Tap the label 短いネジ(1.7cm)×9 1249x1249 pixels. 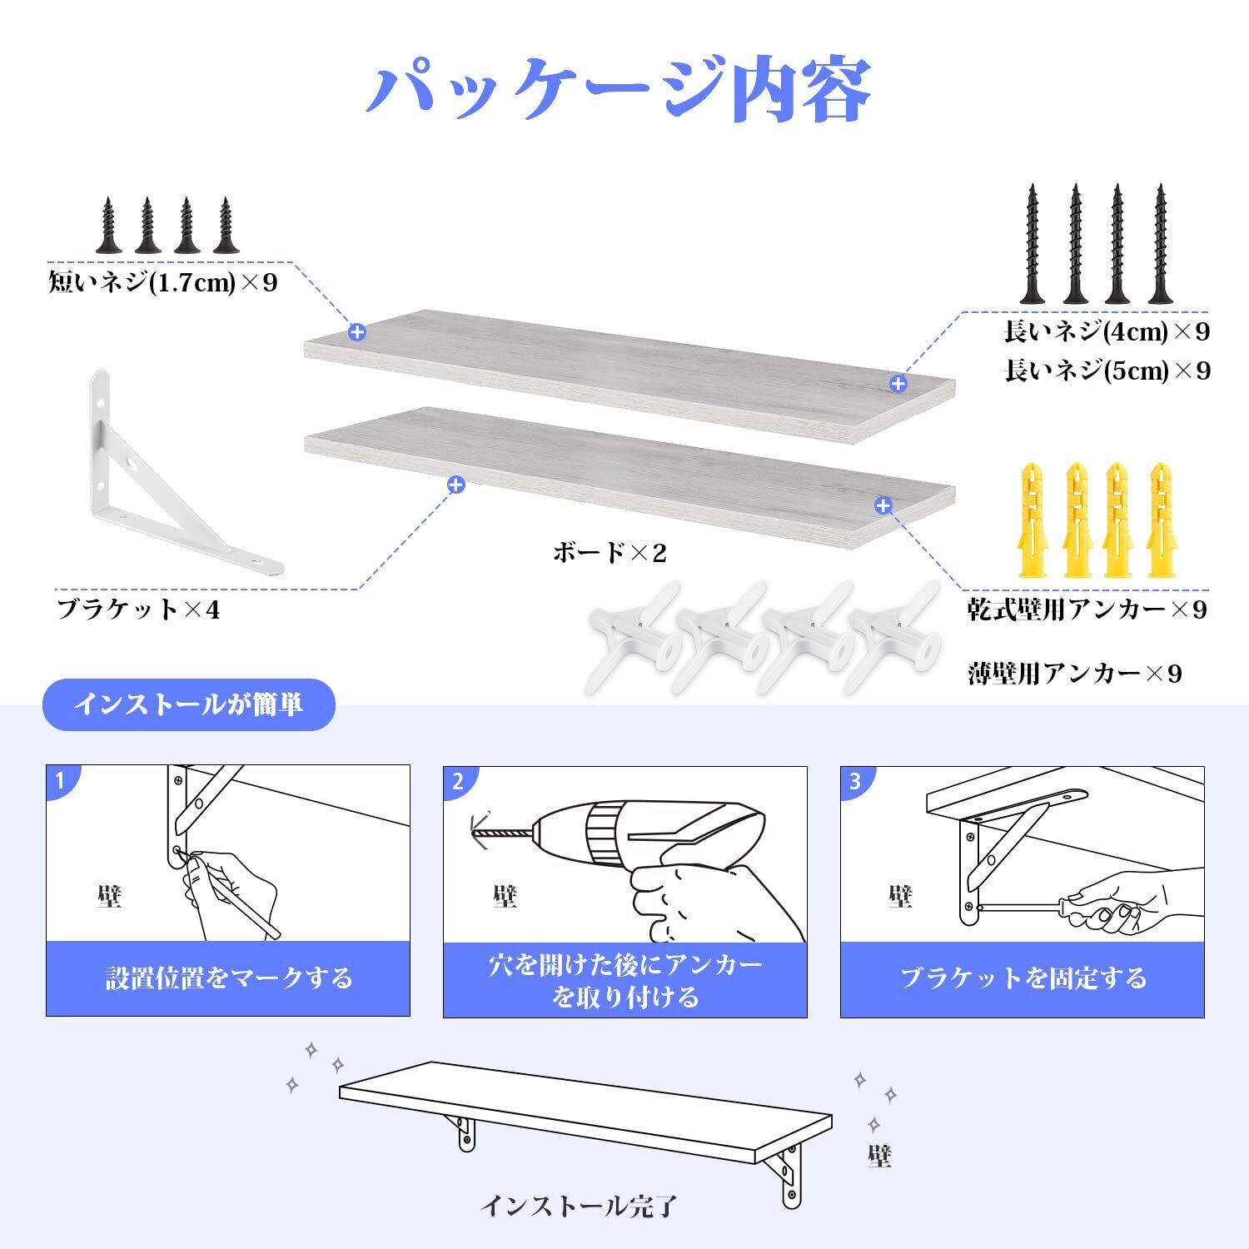click(x=163, y=282)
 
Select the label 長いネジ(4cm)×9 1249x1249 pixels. click(x=1107, y=331)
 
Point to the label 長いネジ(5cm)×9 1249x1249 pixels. click(x=1107, y=370)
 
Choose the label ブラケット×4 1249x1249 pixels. click(x=138, y=610)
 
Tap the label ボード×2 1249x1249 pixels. click(x=610, y=552)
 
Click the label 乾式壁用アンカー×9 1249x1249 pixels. click(x=1087, y=610)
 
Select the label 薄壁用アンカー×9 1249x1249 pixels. click(x=1074, y=673)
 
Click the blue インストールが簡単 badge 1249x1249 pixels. click(x=189, y=704)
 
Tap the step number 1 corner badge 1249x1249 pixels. click(x=60, y=781)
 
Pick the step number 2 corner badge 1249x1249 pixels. click(x=457, y=782)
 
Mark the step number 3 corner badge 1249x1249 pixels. click(x=854, y=782)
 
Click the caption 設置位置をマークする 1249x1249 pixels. click(x=228, y=978)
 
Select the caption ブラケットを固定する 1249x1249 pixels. click(x=1023, y=978)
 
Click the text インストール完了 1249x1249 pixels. click(x=580, y=1205)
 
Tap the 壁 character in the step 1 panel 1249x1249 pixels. click(x=108, y=896)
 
